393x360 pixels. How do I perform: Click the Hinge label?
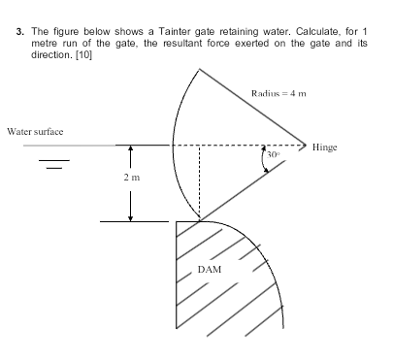pyautogui.click(x=324, y=147)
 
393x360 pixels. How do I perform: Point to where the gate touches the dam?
pyautogui.click(x=198, y=220)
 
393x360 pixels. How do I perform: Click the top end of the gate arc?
pyautogui.click(x=200, y=69)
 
